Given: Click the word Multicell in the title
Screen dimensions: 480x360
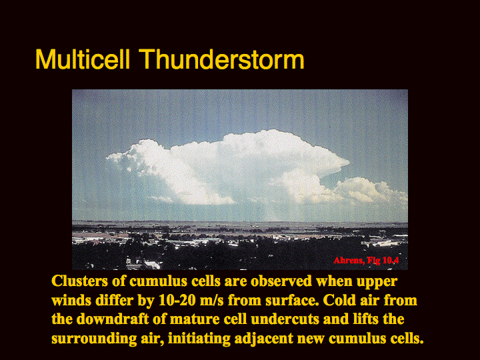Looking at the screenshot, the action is [83, 59].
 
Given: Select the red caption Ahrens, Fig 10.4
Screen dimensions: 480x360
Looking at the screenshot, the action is [366, 261].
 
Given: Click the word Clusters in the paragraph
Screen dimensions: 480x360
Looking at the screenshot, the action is [79, 281].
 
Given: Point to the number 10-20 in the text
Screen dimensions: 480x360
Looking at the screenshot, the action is [177, 300].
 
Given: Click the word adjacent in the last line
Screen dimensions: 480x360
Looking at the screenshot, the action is [264, 339].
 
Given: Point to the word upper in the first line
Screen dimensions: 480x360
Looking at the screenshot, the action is [377, 281].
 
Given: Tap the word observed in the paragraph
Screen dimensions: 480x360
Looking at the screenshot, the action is [281, 281].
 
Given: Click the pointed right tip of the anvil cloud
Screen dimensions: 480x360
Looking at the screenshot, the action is [349, 161].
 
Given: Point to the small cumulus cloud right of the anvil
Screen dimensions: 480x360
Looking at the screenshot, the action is [372, 191].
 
